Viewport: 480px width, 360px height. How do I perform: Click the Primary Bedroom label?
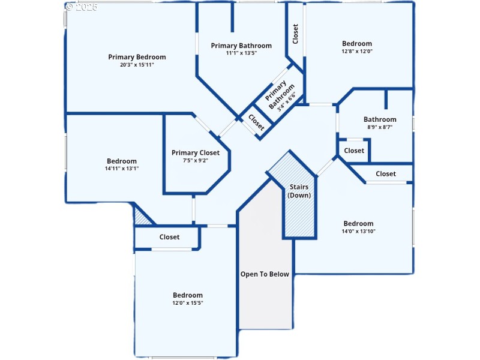(137, 57)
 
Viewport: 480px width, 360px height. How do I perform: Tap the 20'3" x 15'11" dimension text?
(137, 65)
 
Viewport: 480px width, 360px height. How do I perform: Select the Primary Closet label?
(196, 152)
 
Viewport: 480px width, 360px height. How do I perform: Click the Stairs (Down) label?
(298, 191)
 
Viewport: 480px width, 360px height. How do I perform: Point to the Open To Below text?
(265, 274)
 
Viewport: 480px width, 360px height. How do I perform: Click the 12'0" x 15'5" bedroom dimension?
(188, 303)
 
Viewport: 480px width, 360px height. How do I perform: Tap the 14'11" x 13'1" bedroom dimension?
(122, 169)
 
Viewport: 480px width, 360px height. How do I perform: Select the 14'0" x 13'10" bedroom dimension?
(358, 231)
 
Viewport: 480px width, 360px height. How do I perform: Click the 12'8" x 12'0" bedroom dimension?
(357, 51)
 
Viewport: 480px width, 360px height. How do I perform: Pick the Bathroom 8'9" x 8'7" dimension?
(380, 127)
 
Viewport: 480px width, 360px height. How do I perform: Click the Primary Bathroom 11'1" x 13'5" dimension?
(241, 53)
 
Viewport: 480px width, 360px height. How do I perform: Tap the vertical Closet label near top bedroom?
(295, 34)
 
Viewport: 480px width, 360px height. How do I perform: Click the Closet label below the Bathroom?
(354, 151)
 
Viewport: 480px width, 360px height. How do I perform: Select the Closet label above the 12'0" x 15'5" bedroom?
(169, 237)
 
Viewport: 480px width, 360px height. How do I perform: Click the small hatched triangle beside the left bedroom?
(143, 216)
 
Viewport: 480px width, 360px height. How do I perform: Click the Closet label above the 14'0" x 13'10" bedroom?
(386, 174)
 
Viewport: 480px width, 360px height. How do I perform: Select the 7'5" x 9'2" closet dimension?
(196, 160)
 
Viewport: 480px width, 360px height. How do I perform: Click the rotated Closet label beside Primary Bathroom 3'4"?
(256, 122)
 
